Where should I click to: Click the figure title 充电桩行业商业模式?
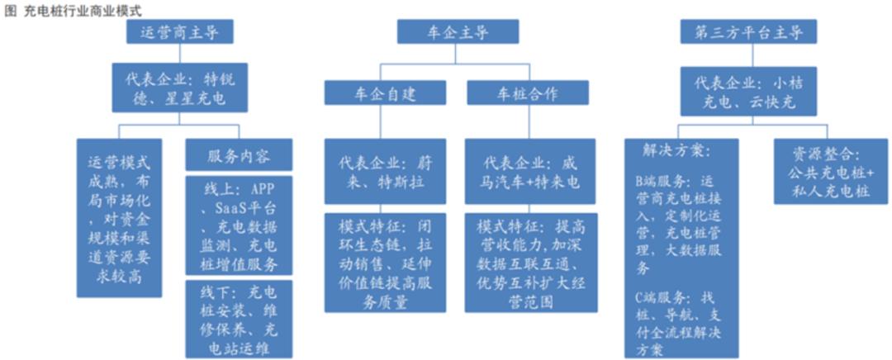pos(83,11)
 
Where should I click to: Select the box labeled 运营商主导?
pos(180,32)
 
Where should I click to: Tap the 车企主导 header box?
pos(458,32)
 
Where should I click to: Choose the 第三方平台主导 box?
pos(748,32)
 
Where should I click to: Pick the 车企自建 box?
pos(385,92)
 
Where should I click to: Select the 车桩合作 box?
pos(528,92)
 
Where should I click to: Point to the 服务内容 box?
pos(239,154)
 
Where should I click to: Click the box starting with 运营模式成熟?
pos(120,218)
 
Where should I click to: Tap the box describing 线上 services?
pos(239,225)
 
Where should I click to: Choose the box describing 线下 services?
pos(239,319)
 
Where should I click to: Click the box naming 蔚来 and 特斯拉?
pos(385,171)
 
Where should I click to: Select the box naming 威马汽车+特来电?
pos(530,171)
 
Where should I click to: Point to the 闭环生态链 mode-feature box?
pos(385,263)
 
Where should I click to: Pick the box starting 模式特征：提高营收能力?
pos(531,263)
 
